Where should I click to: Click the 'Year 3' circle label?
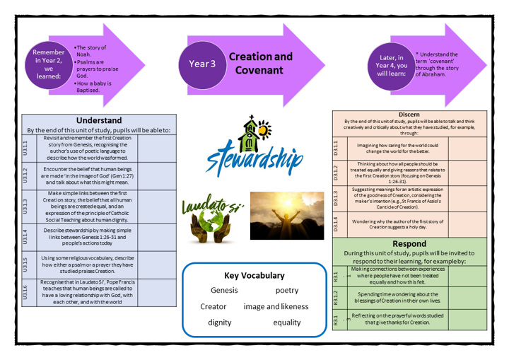pyautogui.click(x=202, y=64)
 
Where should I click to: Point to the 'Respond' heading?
pyautogui.click(x=409, y=243)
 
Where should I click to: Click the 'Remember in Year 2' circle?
pyautogui.click(x=49, y=65)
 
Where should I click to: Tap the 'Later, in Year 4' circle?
pyautogui.click(x=392, y=65)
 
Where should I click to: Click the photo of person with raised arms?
pyautogui.click(x=272, y=214)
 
